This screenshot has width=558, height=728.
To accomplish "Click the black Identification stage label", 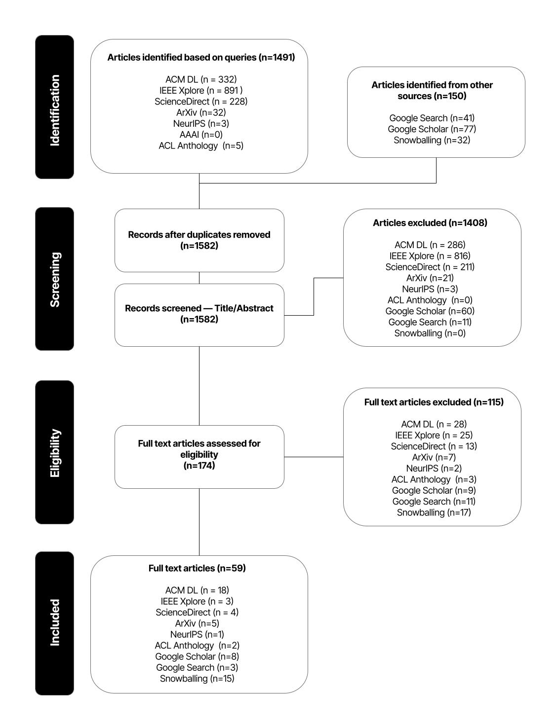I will tap(54, 107).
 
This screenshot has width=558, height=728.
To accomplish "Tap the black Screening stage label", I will tap(54, 279).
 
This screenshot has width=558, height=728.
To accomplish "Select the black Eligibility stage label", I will tap(54, 452).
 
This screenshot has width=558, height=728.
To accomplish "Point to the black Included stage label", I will tap(54, 623).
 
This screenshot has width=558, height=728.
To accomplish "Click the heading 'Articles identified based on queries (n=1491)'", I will tap(201, 57).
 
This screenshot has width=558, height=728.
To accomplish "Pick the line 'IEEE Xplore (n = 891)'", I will tap(201, 90).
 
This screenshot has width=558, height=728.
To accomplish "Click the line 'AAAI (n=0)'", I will tap(201, 134).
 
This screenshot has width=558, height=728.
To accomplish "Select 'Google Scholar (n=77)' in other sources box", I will tap(432, 129).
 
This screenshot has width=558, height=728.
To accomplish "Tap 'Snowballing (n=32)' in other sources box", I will tap(432, 140).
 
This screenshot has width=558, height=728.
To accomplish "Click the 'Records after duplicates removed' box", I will tap(199, 240).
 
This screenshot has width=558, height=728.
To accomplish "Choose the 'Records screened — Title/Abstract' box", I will tap(199, 314).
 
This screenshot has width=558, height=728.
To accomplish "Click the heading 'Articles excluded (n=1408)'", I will tap(430, 223).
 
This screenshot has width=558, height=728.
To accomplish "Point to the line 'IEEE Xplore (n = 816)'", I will tap(430, 255).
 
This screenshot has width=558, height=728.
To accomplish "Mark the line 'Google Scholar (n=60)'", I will tap(430, 311).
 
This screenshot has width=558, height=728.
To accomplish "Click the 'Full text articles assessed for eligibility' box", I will tap(199, 454).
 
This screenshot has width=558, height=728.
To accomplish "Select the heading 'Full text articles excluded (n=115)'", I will tap(434, 402).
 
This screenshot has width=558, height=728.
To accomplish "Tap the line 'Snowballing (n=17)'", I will tap(434, 512).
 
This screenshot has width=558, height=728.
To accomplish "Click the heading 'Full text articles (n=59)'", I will tap(197, 568).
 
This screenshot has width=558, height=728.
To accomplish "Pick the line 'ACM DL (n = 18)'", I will tap(197, 590).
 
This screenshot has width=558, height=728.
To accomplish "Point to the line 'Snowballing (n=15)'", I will tap(197, 679).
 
